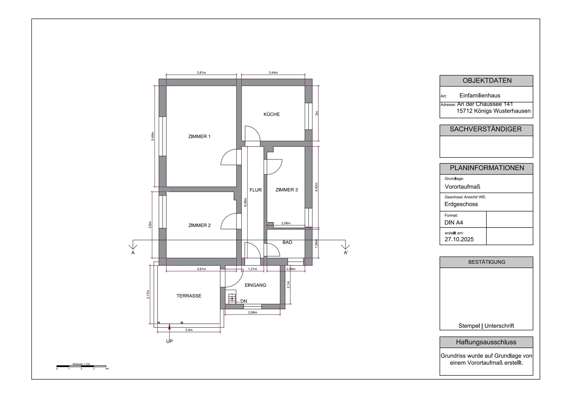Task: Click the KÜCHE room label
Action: coord(271,114)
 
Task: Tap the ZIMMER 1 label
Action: coord(199,136)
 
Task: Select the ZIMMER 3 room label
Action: coord(286,190)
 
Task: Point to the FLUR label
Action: coord(255,190)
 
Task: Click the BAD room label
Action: coord(287,242)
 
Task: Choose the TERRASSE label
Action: coord(189,296)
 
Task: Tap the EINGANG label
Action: coord(255,285)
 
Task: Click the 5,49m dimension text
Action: coord(153,136)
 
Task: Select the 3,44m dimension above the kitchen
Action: coord(273,72)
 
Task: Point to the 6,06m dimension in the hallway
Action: coord(245,202)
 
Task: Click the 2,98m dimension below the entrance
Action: coord(252,312)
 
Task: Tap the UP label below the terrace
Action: coord(169,341)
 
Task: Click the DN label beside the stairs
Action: coord(244,301)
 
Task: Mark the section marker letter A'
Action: coord(346,253)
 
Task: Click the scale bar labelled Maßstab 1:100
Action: coord(81,366)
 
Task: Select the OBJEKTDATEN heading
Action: coord(487,81)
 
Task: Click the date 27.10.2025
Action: coord(459,239)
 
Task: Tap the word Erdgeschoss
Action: coord(461,204)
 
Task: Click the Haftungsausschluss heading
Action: coord(486,342)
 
